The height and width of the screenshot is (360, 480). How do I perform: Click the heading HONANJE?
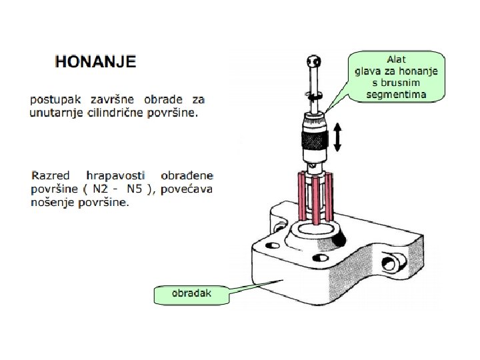[95, 62]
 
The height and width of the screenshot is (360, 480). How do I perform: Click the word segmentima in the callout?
[396, 95]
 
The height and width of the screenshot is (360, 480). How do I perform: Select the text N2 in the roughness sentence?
[102, 189]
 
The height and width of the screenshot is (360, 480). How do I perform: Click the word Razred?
[51, 176]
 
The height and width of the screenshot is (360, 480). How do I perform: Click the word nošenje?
[54, 203]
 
